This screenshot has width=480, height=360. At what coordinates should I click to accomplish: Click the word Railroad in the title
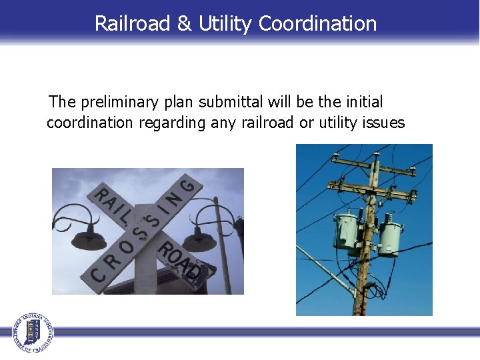pyautogui.click(x=132, y=23)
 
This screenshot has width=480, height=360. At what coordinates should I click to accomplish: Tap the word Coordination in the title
pyautogui.click(x=317, y=23)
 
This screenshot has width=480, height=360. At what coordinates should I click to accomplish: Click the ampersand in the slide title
pyautogui.click(x=183, y=23)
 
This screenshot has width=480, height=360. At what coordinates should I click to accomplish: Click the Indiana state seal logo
pyautogui.click(x=31, y=331)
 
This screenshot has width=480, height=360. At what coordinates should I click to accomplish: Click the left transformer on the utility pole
pyautogui.click(x=347, y=231)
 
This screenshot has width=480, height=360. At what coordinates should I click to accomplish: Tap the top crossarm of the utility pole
pyautogui.click(x=373, y=164)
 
